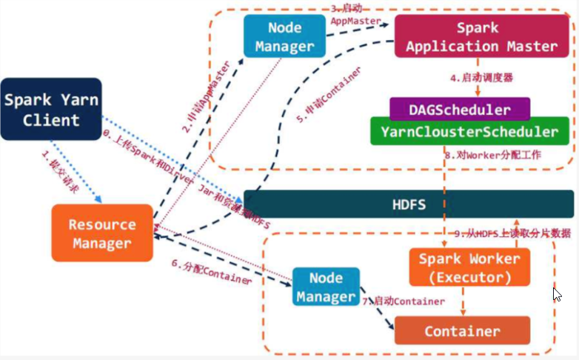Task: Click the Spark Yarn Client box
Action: [50, 109]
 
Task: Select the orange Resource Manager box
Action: [102, 233]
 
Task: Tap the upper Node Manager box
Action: [284, 36]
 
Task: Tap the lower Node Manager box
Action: [326, 287]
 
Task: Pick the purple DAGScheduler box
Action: [460, 110]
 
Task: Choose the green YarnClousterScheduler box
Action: [470, 132]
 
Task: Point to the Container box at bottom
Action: [462, 330]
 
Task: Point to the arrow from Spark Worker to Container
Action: [463, 301]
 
